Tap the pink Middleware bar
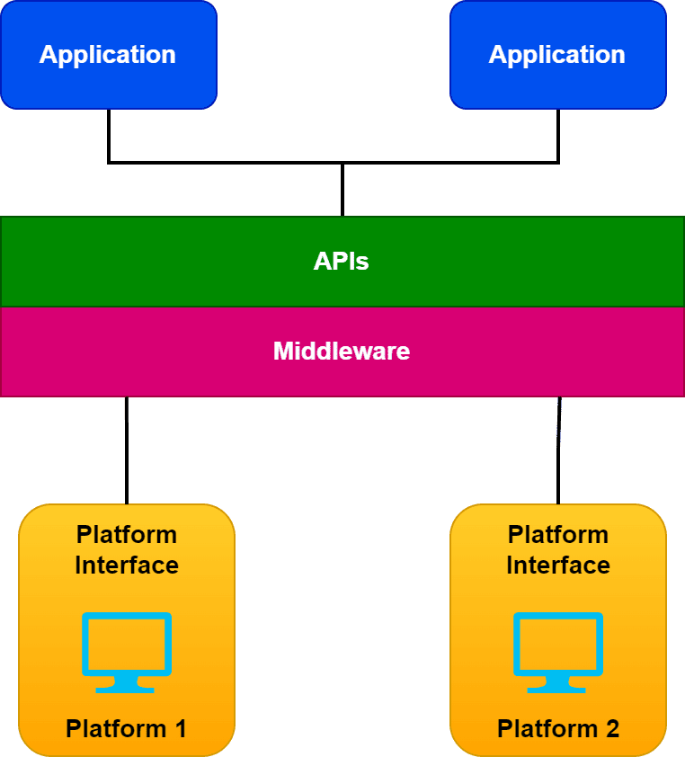pyautogui.click(x=539, y=352)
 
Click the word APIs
pyautogui.click(x=342, y=262)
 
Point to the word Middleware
pyautogui.click(x=342, y=352)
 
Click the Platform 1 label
pyautogui.click(x=126, y=728)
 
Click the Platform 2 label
pyautogui.click(x=558, y=728)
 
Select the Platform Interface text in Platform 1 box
pyautogui.click(x=127, y=549)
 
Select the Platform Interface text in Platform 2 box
pyautogui.click(x=558, y=549)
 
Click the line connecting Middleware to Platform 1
pyautogui.click(x=127, y=450)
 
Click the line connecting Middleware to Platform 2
pyautogui.click(x=558, y=450)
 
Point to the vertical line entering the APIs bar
pyautogui.click(x=342, y=190)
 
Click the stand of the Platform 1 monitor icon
pyautogui.click(x=127, y=685)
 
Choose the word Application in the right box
pyautogui.click(x=557, y=55)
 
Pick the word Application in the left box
pyautogui.click(x=108, y=55)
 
